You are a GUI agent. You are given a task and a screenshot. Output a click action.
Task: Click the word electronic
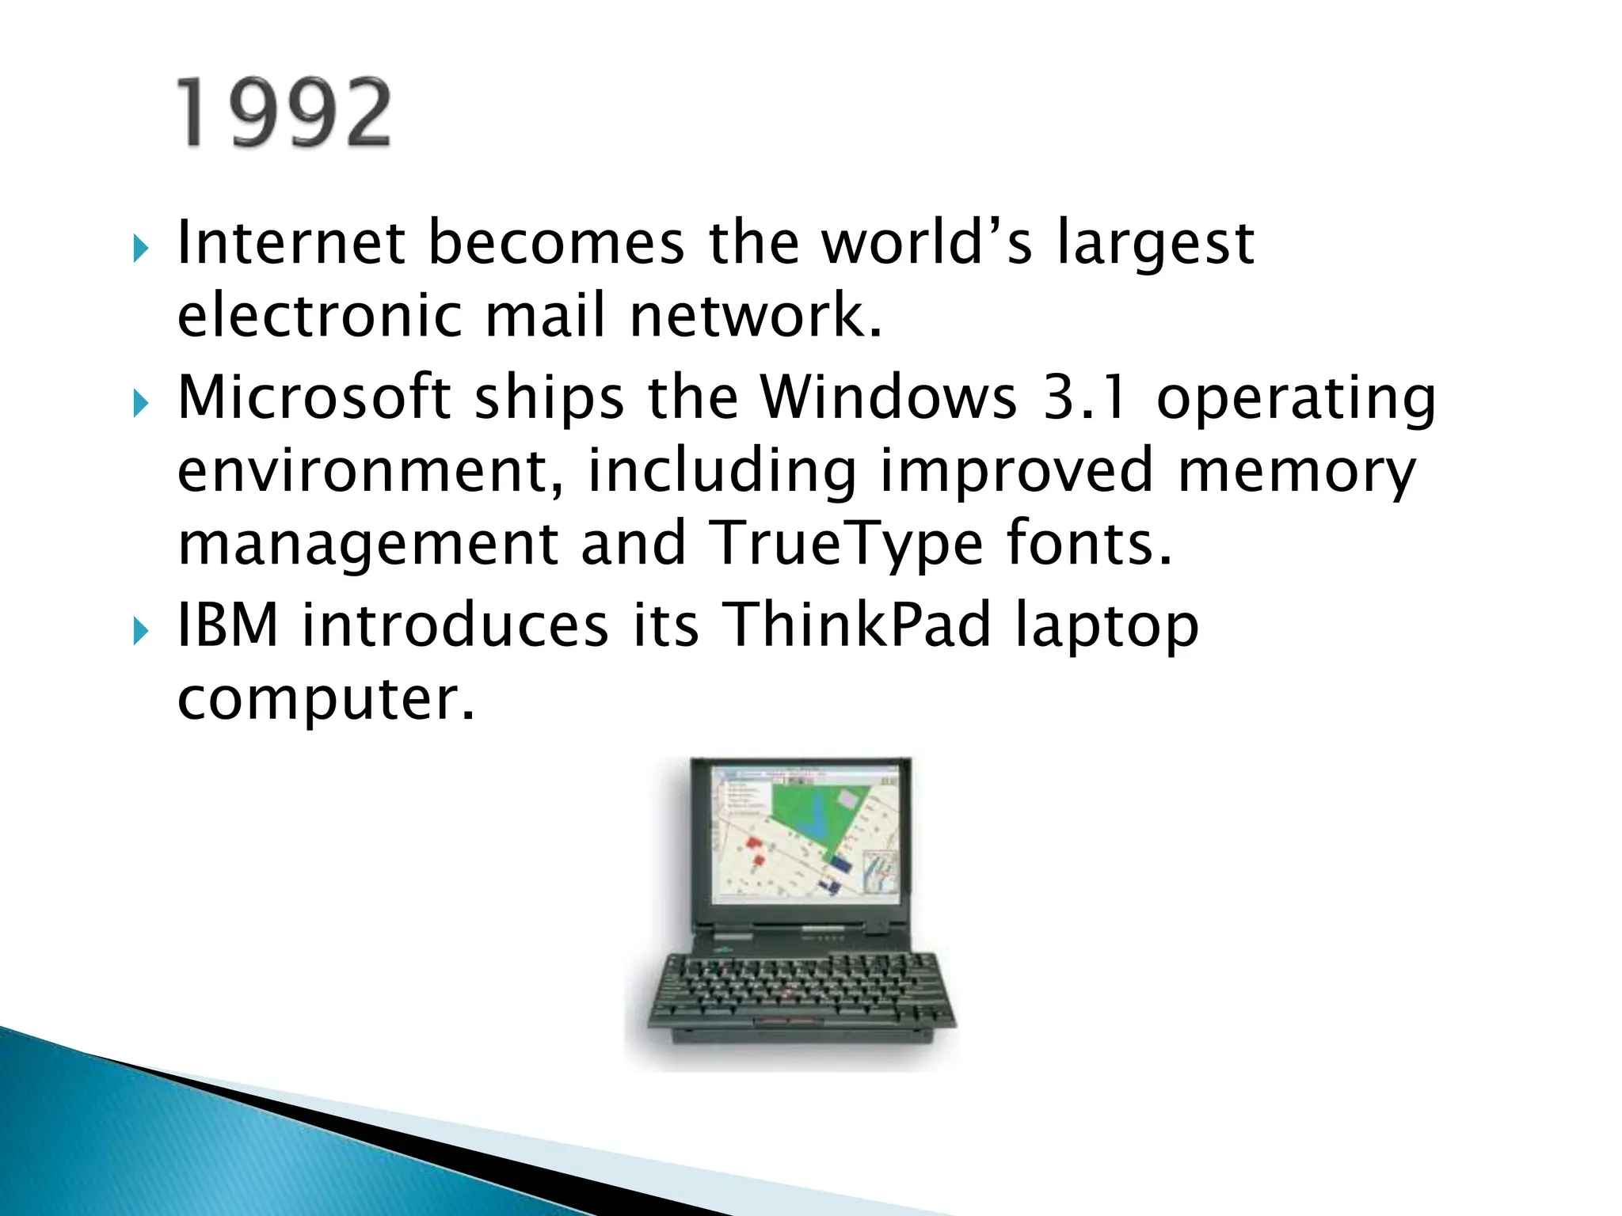click(x=319, y=315)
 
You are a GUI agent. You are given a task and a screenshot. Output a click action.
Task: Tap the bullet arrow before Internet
click(x=141, y=250)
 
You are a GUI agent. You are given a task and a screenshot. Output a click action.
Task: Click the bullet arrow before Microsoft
click(x=141, y=404)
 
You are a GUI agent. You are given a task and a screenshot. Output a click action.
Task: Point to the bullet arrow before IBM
click(x=141, y=632)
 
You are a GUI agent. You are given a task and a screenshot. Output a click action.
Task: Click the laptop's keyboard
click(x=800, y=990)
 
